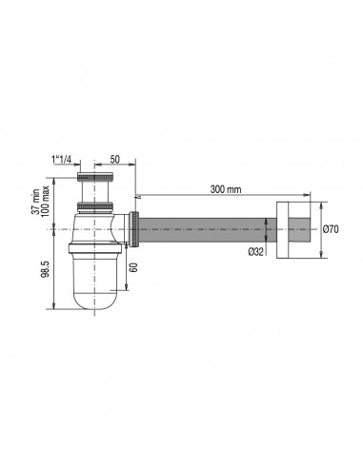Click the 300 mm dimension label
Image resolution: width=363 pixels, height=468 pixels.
[226, 189]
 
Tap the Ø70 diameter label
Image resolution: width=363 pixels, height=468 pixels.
[331, 229]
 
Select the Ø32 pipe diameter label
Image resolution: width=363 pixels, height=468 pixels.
[255, 252]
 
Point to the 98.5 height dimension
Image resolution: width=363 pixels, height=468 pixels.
[45, 269]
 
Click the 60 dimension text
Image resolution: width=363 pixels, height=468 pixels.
[133, 267]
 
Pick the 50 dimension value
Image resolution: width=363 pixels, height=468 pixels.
[114, 159]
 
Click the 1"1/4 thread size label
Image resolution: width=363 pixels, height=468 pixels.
[61, 160]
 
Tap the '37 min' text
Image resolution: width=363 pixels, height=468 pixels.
[35, 202]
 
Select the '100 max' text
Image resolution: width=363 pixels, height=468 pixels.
[45, 202]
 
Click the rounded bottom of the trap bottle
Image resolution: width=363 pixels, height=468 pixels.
[94, 299]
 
